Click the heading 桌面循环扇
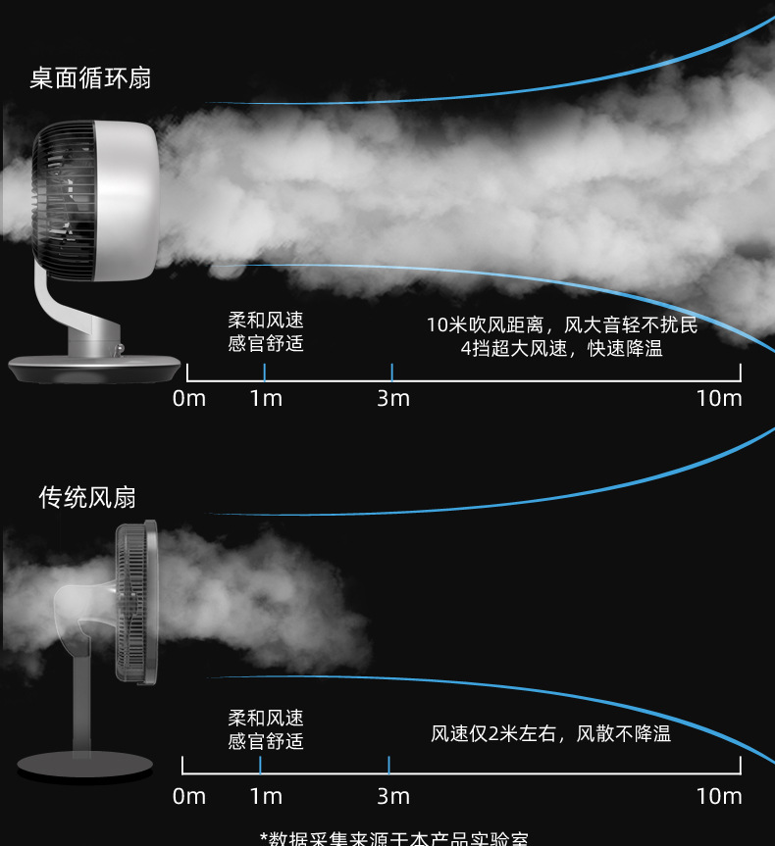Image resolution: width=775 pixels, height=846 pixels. [90, 78]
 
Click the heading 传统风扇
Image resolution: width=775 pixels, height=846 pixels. [87, 498]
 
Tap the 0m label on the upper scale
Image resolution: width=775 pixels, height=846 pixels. [189, 398]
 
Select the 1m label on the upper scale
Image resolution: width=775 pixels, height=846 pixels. [266, 398]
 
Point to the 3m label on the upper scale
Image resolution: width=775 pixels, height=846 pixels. [393, 398]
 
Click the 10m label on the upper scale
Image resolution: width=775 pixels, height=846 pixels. [719, 398]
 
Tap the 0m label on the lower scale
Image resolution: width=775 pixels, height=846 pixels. [189, 796]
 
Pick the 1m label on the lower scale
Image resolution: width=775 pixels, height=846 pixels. [266, 796]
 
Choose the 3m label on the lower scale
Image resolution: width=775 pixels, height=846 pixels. [393, 796]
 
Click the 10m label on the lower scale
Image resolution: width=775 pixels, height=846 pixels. [719, 796]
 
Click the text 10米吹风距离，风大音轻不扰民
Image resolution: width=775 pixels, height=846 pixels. [562, 324]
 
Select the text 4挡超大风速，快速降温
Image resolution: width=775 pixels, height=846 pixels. [562, 349]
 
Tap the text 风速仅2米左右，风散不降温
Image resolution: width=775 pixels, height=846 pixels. [550, 733]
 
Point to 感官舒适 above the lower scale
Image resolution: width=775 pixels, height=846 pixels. [266, 741]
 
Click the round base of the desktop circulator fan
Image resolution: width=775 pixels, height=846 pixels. [96, 368]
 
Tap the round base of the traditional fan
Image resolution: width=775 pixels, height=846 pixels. [86, 765]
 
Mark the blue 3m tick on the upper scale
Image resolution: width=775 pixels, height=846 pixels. [391, 372]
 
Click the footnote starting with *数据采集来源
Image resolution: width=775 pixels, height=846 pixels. [393, 838]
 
